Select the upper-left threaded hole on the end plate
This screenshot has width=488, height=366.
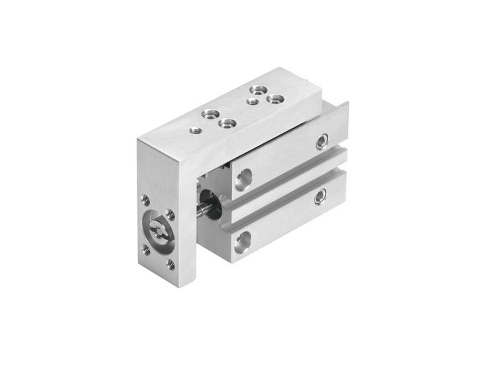pos(145,199)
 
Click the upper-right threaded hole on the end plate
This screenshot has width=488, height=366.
pos(170,214)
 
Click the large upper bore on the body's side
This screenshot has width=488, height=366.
pos(243,179)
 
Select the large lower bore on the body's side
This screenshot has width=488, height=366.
pos(242,242)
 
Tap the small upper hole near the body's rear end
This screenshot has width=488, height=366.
pos(321,143)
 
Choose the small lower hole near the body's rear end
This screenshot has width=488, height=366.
pos(320,196)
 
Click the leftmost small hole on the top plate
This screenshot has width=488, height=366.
pos(196,129)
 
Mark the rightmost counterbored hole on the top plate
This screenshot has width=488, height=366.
pos(276,98)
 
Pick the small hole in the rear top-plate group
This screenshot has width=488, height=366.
pos(252,101)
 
